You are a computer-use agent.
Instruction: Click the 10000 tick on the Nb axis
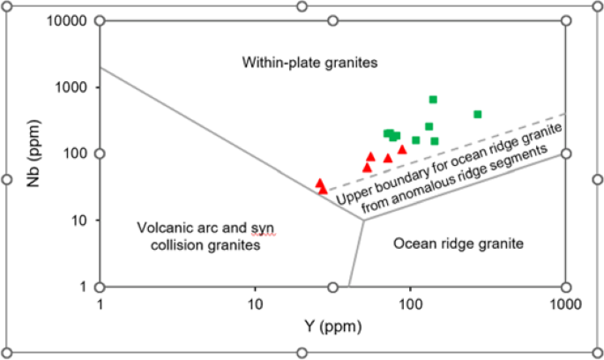(x=69, y=20)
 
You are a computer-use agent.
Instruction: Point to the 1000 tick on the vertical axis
(x=74, y=87)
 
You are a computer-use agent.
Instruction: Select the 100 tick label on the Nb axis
(x=78, y=154)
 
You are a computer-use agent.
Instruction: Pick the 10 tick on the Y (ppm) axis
(x=255, y=305)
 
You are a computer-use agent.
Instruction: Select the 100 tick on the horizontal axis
(x=409, y=305)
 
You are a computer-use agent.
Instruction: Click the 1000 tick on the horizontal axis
(x=563, y=305)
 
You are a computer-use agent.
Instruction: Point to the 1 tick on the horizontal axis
(x=101, y=305)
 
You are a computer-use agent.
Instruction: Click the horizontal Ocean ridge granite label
(x=459, y=243)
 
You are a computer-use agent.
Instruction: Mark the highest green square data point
(x=433, y=100)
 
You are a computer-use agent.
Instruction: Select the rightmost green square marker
(x=477, y=114)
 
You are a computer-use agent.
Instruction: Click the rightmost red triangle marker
(x=402, y=149)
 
